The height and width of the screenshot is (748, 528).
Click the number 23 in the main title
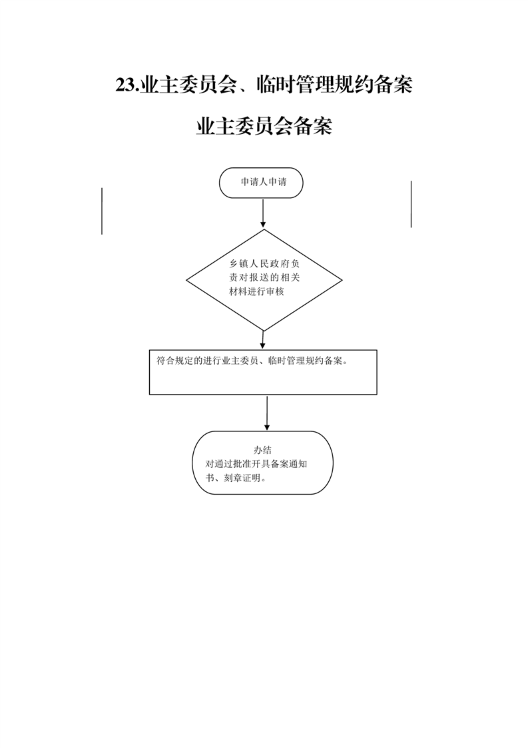click(x=125, y=85)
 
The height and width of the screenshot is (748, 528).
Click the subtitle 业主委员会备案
click(x=264, y=127)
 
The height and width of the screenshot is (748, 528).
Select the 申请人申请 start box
click(x=261, y=183)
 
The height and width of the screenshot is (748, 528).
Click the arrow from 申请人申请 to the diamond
click(x=262, y=213)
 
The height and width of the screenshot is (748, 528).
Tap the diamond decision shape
click(x=264, y=280)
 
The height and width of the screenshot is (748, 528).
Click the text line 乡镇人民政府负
click(x=264, y=264)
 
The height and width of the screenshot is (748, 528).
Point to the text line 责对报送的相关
click(x=264, y=277)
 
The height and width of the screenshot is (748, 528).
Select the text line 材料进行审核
click(x=257, y=291)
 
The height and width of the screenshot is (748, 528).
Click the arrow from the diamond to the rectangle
click(x=262, y=340)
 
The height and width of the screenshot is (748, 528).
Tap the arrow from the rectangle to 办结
click(x=267, y=413)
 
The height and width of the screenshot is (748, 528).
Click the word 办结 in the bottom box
click(x=262, y=450)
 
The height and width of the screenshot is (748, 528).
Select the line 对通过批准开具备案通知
click(x=256, y=464)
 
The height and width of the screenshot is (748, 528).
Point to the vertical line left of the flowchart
click(x=102, y=211)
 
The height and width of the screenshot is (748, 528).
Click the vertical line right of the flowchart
click(x=411, y=204)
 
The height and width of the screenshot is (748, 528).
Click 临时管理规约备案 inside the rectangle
click(x=306, y=361)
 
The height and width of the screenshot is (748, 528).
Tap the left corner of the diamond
click(x=186, y=281)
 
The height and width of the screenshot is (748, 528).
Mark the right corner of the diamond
click(x=342, y=280)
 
